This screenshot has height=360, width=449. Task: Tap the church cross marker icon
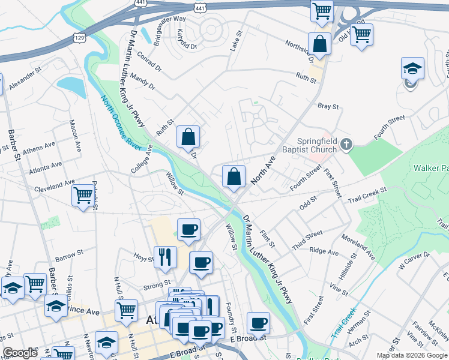tap(346, 144)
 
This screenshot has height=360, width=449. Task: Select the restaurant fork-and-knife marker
tap(164, 257)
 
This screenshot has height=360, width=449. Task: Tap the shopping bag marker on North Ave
tap(234, 176)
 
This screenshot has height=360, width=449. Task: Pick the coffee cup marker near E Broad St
tap(259, 323)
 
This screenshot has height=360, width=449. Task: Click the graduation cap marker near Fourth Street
tap(412, 68)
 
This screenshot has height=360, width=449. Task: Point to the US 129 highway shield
tap(79, 37)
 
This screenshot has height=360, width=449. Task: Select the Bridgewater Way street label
tap(170, 28)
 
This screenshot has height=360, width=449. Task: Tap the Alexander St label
tap(26, 74)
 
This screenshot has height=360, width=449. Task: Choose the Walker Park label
tap(430, 169)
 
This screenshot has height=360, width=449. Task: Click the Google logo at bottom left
tap(20, 353)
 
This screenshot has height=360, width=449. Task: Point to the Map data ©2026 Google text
tap(412, 355)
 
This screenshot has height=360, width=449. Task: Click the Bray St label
tap(328, 106)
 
